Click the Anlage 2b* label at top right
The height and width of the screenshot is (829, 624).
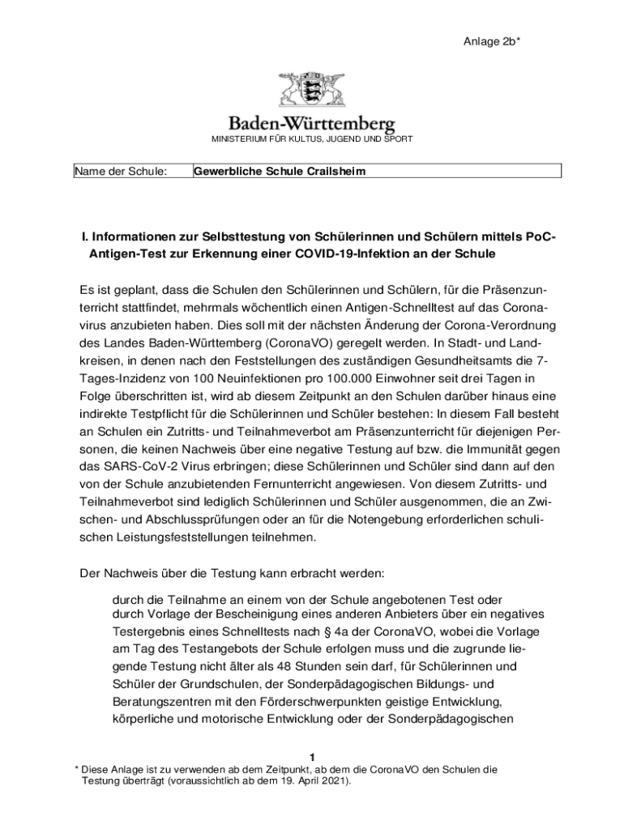[x=492, y=42]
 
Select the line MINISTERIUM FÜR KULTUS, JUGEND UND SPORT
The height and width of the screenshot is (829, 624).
[x=312, y=140]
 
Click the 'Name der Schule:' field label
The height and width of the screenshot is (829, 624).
[x=121, y=172]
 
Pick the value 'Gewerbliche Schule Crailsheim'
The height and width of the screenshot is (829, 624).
[x=280, y=172]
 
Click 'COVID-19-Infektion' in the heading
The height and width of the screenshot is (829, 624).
[x=361, y=254]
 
